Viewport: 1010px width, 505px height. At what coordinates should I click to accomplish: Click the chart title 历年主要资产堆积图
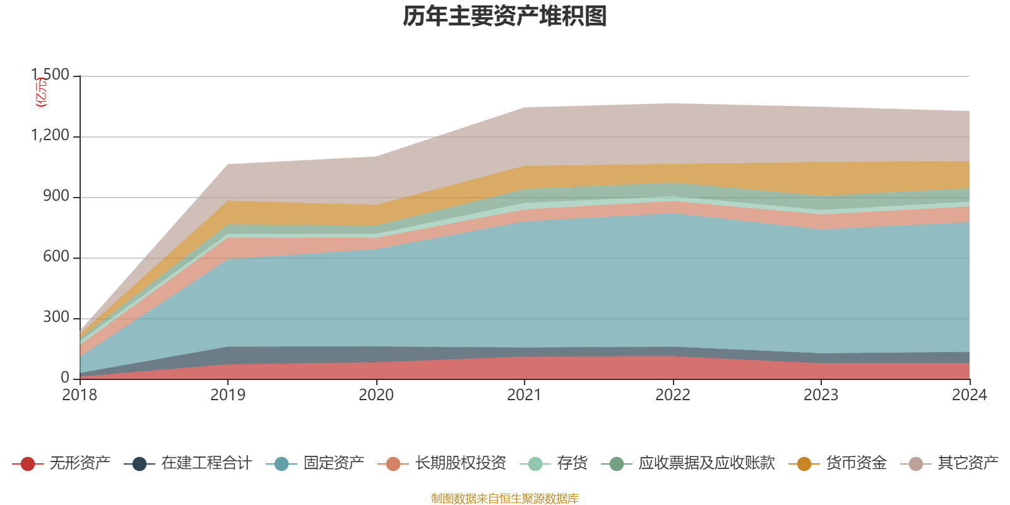(x=505, y=17)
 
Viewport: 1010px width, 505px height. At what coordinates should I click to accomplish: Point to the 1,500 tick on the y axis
(x=50, y=75)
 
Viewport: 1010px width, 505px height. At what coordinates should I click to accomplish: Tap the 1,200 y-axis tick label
(x=50, y=136)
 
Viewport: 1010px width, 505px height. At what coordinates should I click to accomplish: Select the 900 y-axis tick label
(x=56, y=196)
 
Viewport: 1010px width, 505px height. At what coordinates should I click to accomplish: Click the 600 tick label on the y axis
(x=56, y=257)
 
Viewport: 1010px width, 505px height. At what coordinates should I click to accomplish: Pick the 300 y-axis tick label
(x=56, y=318)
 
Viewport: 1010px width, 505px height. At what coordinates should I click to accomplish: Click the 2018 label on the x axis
(x=80, y=395)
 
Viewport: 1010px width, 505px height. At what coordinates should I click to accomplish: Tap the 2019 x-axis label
(x=228, y=395)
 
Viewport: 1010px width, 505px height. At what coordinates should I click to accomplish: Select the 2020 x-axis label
(x=376, y=395)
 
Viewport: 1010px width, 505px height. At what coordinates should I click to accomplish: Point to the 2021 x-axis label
(x=525, y=395)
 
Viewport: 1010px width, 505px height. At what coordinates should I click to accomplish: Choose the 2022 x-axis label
(x=673, y=395)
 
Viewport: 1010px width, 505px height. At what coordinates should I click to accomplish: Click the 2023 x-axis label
(x=821, y=395)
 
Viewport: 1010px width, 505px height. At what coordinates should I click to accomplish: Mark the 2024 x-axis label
(x=969, y=395)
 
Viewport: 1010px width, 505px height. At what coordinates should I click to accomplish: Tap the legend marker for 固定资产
(x=282, y=464)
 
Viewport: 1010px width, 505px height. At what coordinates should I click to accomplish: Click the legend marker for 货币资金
(x=804, y=464)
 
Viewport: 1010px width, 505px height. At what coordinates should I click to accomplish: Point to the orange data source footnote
(x=505, y=499)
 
